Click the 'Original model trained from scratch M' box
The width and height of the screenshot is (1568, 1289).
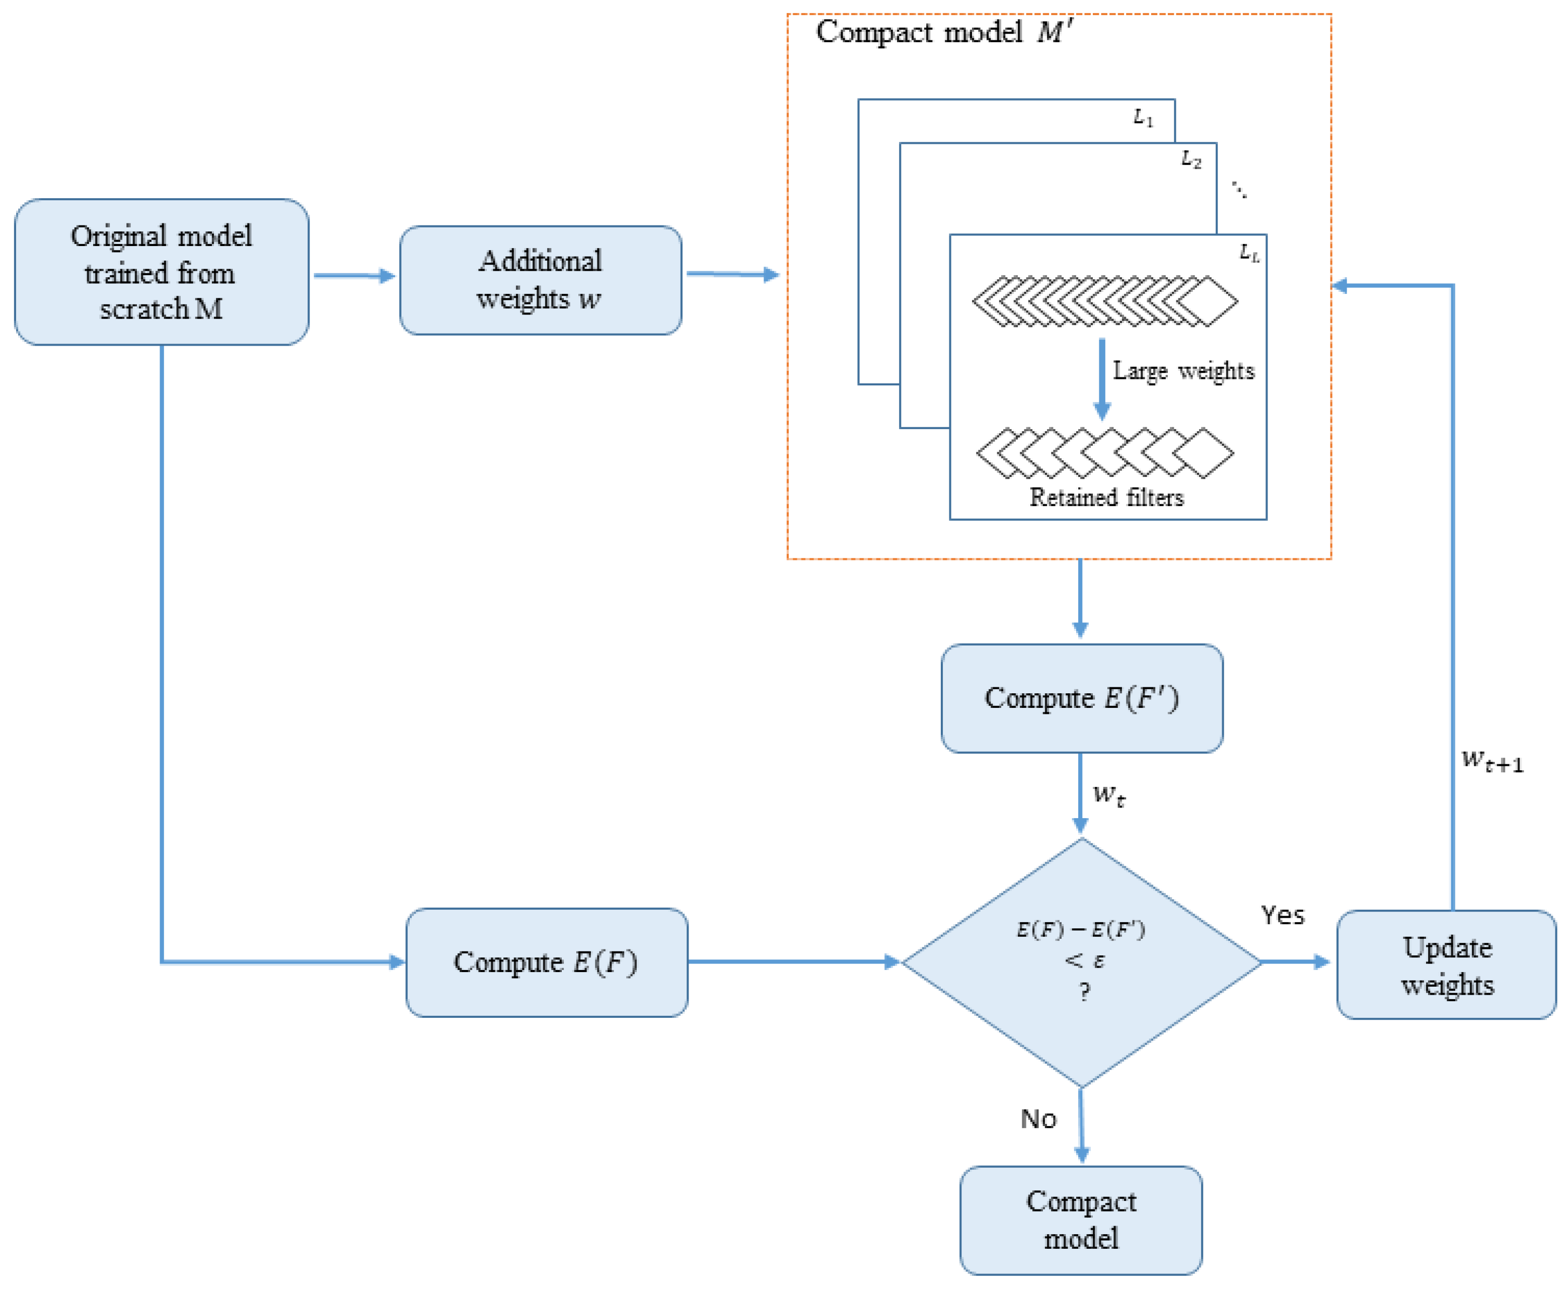(x=161, y=272)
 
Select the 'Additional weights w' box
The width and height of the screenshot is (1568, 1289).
(x=540, y=280)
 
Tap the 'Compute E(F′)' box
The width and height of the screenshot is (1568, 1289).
(x=1081, y=698)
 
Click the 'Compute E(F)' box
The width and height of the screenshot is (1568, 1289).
(x=546, y=962)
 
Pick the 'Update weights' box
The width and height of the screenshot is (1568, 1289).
(x=1446, y=965)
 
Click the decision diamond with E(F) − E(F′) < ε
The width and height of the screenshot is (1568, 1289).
(x=1081, y=962)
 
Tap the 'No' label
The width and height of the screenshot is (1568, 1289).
(x=1037, y=1119)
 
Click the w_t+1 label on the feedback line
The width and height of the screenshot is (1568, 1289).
(x=1491, y=761)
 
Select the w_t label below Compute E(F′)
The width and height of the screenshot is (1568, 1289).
(x=1108, y=795)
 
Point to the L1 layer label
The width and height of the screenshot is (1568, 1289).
(x=1142, y=117)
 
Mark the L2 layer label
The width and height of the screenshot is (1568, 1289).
(x=1190, y=159)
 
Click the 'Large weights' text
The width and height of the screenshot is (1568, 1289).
(x=1182, y=370)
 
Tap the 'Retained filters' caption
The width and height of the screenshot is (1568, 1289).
(x=1106, y=497)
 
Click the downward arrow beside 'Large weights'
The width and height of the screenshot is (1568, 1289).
(x=1101, y=379)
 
